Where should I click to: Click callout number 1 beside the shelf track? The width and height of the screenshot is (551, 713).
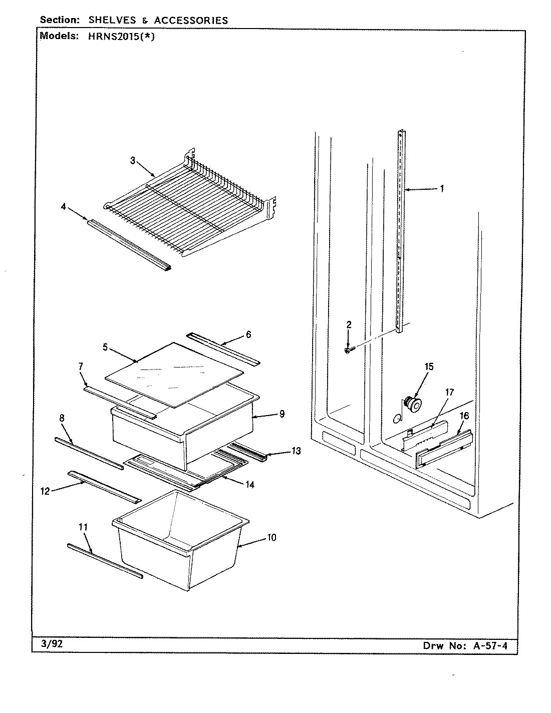442,189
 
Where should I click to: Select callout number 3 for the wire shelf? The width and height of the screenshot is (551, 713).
133,160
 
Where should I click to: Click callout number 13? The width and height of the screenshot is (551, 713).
296,451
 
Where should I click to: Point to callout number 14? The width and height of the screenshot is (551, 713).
249,485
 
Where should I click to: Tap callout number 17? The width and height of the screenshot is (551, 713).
449,392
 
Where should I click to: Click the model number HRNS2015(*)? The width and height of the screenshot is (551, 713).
116,36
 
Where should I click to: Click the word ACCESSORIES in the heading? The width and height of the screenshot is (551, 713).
191,21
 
